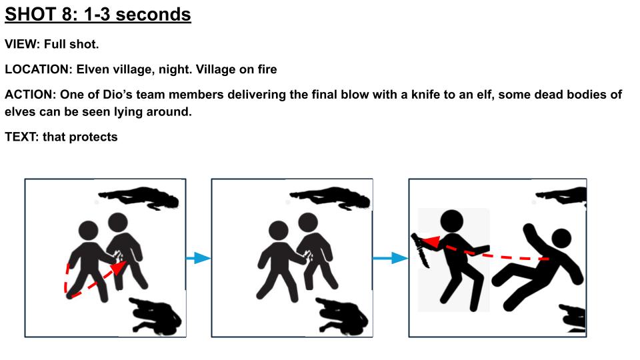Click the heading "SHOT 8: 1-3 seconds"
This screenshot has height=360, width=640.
[98, 15]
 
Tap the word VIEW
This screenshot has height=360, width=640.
[21, 44]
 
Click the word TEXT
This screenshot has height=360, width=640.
[21, 137]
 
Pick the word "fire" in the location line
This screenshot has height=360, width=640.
[267, 69]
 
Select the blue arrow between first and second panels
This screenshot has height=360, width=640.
[199, 258]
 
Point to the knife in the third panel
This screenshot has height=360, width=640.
[421, 251]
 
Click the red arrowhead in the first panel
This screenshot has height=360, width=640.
[119, 268]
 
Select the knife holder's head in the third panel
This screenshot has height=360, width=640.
[451, 221]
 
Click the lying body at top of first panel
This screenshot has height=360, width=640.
[139, 197]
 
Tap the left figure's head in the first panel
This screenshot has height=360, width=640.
[89, 231]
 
